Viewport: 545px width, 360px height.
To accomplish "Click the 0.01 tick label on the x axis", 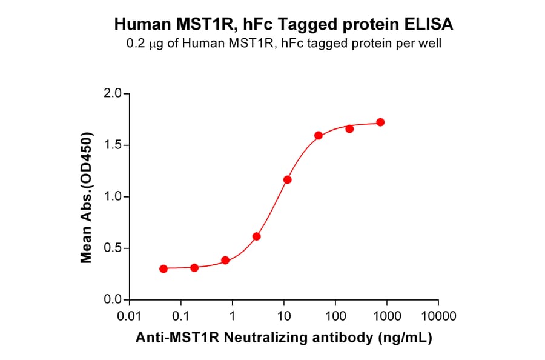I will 129,316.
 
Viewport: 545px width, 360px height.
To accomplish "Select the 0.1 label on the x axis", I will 180,316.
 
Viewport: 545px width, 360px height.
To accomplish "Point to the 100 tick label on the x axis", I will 335,316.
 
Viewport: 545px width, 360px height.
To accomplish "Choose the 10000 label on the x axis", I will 438,316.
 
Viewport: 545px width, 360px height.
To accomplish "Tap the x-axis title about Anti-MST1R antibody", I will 283,338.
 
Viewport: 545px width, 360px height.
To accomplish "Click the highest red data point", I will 380,122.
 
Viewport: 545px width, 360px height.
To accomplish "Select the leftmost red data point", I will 163,268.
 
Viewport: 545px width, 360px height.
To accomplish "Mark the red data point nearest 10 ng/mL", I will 287,180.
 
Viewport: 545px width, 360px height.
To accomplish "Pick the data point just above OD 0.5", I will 256,236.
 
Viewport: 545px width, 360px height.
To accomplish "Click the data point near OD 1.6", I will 319,135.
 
